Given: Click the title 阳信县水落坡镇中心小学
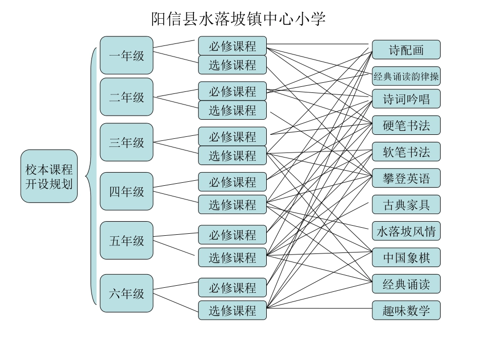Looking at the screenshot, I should pyautogui.click(x=238, y=19).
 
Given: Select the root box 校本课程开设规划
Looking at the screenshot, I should pyautogui.click(x=49, y=176).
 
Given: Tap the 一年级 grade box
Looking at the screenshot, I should pyautogui.click(x=126, y=56).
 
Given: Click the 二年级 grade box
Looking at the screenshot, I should pyautogui.click(x=126, y=97).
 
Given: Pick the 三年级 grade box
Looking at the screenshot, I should pyautogui.click(x=126, y=142).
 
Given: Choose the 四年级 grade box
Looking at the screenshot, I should pyautogui.click(x=126, y=191).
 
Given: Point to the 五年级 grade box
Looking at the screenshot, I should pyautogui.click(x=126, y=240).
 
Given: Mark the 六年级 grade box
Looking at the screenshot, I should pyautogui.click(x=126, y=293).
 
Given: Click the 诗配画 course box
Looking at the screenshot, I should pyautogui.click(x=406, y=50).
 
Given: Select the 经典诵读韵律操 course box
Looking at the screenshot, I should pyautogui.click(x=406, y=77).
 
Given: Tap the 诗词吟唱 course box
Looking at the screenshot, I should pyautogui.click(x=406, y=99).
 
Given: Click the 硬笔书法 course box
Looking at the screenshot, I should pyautogui.click(x=406, y=125).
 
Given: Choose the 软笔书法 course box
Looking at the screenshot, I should pyautogui.click(x=406, y=152).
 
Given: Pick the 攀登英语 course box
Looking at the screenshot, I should pyautogui.click(x=406, y=178).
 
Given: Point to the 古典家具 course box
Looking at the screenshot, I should pyautogui.click(x=406, y=204).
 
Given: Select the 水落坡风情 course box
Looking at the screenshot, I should pyautogui.click(x=406, y=231).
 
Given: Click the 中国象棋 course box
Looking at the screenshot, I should pyautogui.click(x=406, y=258).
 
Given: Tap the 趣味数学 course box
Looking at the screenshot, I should pyautogui.click(x=406, y=311).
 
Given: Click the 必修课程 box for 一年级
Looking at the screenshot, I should pyautogui.click(x=232, y=46).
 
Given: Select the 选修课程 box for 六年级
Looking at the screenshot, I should pyautogui.click(x=232, y=311).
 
